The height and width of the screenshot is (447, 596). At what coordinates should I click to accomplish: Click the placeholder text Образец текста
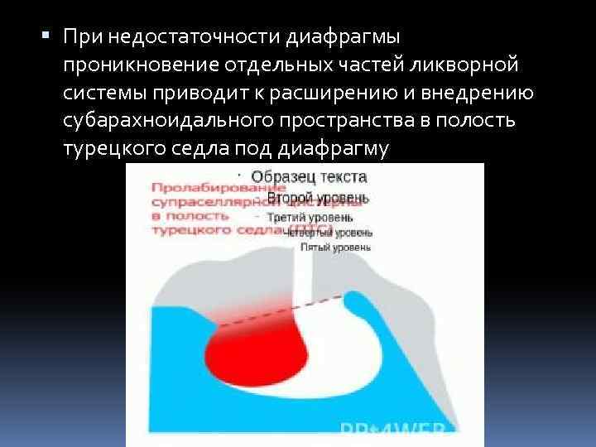[x=299, y=177]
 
